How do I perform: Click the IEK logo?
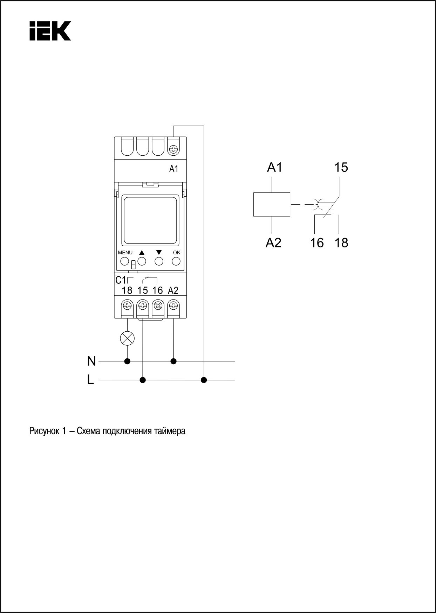pos(50,31)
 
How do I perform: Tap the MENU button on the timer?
pos(124,261)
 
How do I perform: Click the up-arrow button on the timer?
pos(142,261)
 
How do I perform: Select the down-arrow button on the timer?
pos(159,261)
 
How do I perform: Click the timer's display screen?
pos(150,221)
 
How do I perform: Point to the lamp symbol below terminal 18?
pos(127,338)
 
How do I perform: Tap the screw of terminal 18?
pos(127,305)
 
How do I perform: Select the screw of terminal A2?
pos(173,305)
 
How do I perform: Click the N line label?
pos(91,361)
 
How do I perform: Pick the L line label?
pos(90,380)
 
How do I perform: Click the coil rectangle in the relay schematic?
pos(272,204)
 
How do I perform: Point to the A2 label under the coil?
pos(273,242)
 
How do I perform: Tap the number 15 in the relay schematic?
pos(341,168)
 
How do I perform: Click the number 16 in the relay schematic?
pos(317,242)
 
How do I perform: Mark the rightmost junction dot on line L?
pos(204,380)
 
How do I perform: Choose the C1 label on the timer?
pos(120,280)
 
